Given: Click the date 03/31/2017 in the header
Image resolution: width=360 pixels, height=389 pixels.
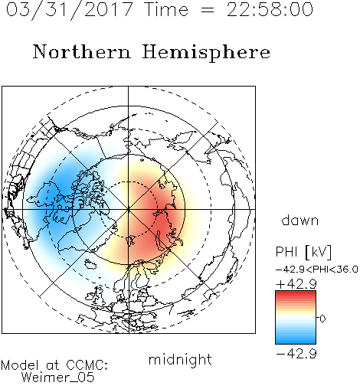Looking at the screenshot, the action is (69, 10).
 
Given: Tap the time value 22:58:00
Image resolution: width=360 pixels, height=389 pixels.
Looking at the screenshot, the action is (270, 10).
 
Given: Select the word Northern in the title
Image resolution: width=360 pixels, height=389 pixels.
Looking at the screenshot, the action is (82, 51).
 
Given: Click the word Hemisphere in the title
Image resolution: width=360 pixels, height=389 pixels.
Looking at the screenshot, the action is (206, 53).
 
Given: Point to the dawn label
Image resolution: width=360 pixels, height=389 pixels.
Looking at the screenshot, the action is (300, 220).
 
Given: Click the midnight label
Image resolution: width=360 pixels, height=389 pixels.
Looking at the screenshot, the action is (180, 361).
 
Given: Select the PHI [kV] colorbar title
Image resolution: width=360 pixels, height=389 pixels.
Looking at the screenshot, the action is (303, 252).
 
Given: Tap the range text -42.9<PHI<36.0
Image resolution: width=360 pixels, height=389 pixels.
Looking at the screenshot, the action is (317, 270).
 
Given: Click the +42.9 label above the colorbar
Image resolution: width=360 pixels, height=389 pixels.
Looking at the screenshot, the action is (296, 284).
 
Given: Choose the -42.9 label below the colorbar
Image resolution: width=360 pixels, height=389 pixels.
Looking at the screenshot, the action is (296, 354).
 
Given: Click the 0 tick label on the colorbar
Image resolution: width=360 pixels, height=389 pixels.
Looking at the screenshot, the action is (322, 319).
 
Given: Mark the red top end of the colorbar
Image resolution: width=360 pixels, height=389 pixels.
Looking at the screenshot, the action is (296, 293).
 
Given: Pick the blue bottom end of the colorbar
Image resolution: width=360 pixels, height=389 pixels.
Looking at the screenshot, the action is (296, 342).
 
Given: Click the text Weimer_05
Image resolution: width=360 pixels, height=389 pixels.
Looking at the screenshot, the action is (58, 378).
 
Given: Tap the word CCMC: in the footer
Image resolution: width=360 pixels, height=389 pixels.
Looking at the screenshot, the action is (87, 365).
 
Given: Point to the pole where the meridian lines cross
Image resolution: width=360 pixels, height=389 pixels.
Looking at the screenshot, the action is (129, 209).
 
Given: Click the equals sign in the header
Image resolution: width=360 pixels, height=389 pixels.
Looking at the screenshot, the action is (208, 10).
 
